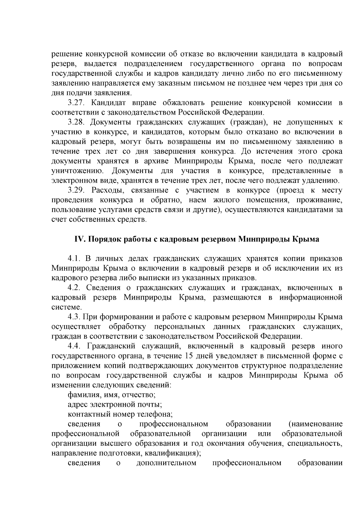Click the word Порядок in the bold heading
[x=102, y=239]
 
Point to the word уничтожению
[x=78, y=171]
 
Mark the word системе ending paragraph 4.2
[x=66, y=307]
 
